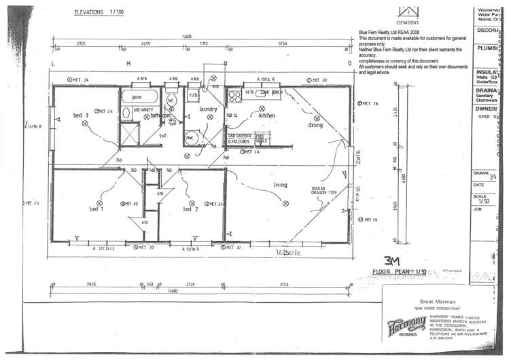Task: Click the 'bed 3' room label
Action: pos(81,115)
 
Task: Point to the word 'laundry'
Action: pos(208,109)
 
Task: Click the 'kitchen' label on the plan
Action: pos(266,115)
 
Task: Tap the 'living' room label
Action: pos(281,185)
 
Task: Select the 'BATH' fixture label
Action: pos(127,98)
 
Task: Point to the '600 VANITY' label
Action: pos(141,109)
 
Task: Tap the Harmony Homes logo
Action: pos(406,324)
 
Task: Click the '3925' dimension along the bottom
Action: pos(90,284)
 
